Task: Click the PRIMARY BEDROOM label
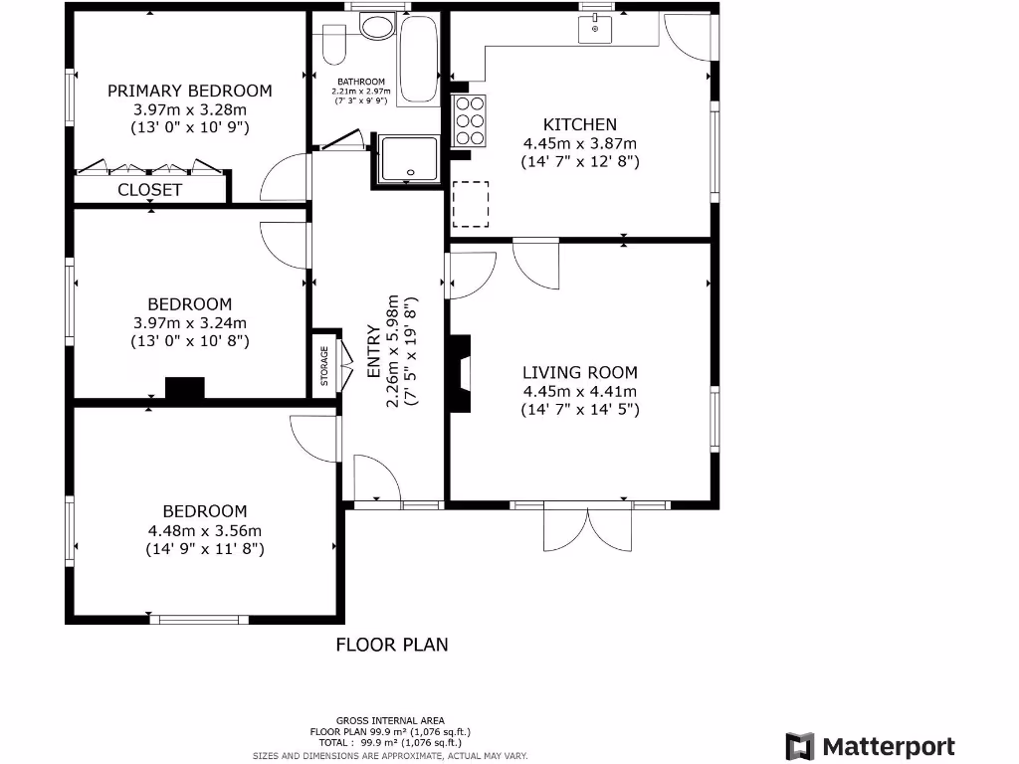[189, 91]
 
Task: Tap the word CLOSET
[150, 189]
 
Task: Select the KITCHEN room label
[579, 124]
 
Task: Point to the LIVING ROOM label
[579, 372]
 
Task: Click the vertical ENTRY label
[374, 350]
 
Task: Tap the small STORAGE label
[324, 366]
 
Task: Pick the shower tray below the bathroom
[408, 158]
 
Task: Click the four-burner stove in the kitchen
[470, 119]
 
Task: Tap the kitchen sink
[595, 30]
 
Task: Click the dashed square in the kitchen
[471, 204]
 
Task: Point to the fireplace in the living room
[460, 373]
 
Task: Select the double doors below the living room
[588, 526]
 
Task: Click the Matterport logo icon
[800, 747]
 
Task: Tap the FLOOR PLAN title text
[391, 645]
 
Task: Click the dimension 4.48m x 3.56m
[204, 530]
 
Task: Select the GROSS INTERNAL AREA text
[390, 720]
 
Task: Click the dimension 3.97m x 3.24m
[189, 322]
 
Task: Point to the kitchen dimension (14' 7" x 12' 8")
[579, 160]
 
